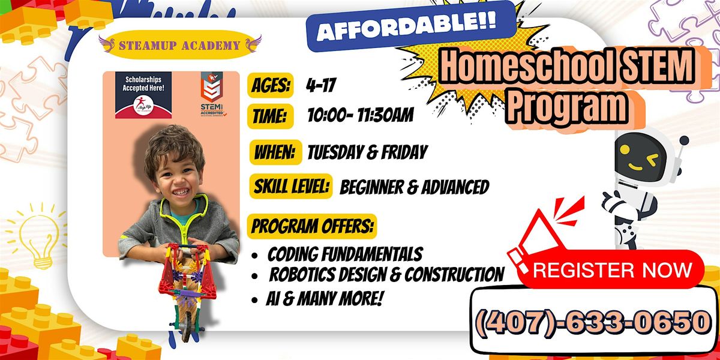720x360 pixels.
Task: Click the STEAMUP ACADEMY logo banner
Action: [180, 45]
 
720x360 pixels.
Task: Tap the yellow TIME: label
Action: [269, 115]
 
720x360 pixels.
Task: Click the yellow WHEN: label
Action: [275, 152]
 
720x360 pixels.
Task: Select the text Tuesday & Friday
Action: [367, 152]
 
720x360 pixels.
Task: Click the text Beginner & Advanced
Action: [414, 188]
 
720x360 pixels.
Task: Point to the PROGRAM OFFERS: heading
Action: [313, 227]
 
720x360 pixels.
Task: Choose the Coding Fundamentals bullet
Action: [344, 254]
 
